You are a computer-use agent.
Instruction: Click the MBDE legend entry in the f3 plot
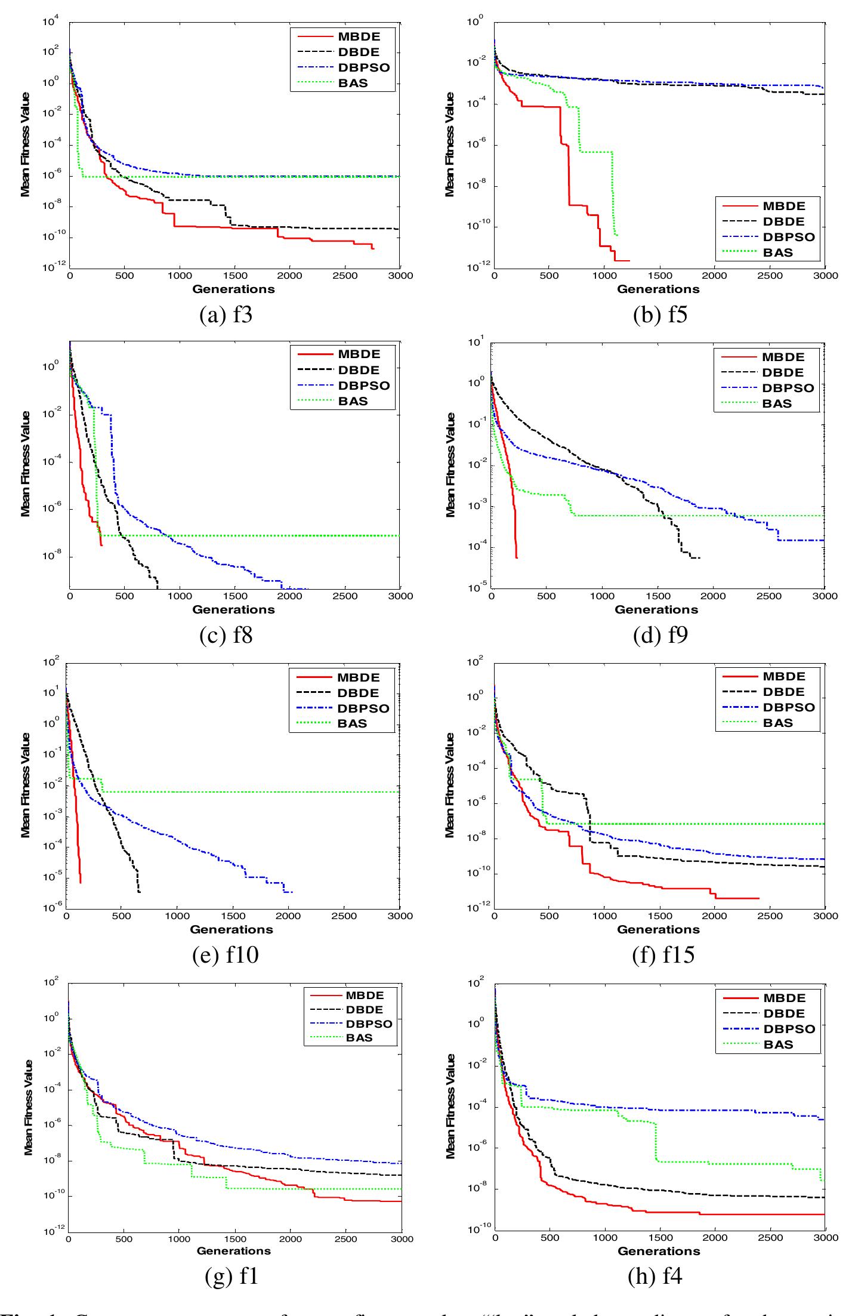[357, 37]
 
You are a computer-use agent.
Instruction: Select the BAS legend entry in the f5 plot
[778, 252]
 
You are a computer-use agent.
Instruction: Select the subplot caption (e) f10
[225, 955]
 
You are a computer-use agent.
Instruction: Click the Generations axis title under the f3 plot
[233, 289]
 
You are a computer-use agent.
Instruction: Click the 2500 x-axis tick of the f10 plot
[344, 916]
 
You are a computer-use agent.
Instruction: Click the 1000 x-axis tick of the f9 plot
[603, 596]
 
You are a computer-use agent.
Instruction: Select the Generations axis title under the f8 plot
[233, 609]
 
